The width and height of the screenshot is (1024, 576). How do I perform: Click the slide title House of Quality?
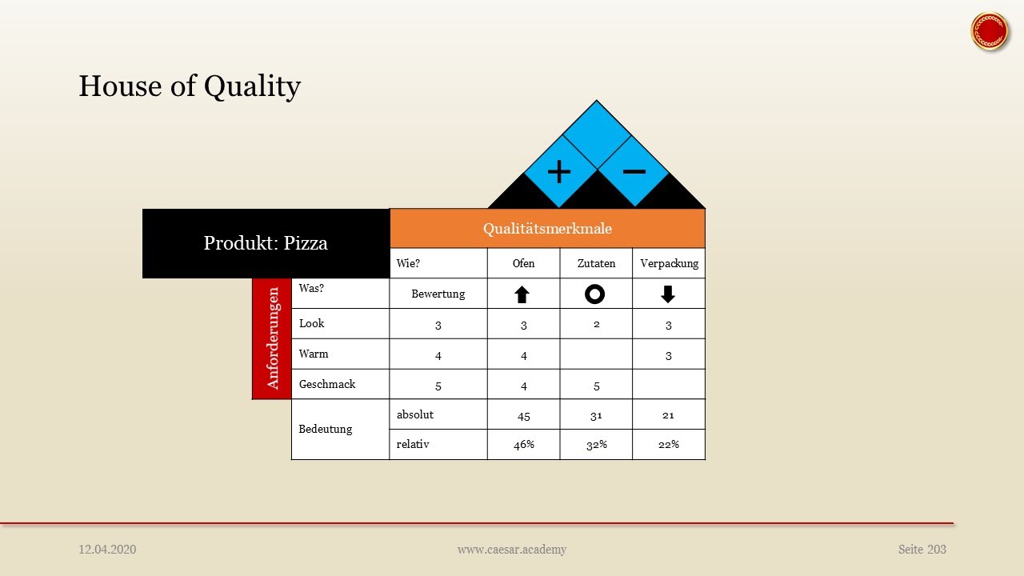pos(190,86)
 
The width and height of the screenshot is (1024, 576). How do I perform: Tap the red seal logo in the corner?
pos(989,31)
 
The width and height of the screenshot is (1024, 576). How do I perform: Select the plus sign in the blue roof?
pos(559,172)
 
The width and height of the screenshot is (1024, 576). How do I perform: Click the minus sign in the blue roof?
pos(634,171)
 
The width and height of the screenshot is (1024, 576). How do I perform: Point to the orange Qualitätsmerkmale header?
pos(547,229)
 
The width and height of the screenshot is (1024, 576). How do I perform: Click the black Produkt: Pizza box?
pos(266,243)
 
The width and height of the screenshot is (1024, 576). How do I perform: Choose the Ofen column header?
pos(523,263)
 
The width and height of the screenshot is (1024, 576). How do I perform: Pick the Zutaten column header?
pos(596,263)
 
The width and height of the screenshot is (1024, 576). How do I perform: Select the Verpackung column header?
pos(669,263)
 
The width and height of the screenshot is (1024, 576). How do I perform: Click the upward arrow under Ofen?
pos(522,294)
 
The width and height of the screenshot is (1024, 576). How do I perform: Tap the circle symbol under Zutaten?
pos(594,294)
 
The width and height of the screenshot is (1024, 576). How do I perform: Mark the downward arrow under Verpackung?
pos(668,294)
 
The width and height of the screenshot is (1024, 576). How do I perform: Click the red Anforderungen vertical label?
pos(272,338)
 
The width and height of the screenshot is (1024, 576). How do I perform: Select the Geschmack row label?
pos(327,384)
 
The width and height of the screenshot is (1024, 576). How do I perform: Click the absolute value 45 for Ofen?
pos(523,416)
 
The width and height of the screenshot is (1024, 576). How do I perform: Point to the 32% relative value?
pos(596,445)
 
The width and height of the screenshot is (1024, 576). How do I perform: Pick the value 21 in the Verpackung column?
pos(668,415)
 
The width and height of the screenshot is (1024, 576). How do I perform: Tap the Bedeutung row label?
pos(326,429)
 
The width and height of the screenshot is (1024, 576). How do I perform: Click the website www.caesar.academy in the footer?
pos(512,550)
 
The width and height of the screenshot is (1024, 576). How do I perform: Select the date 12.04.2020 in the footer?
pos(107,550)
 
